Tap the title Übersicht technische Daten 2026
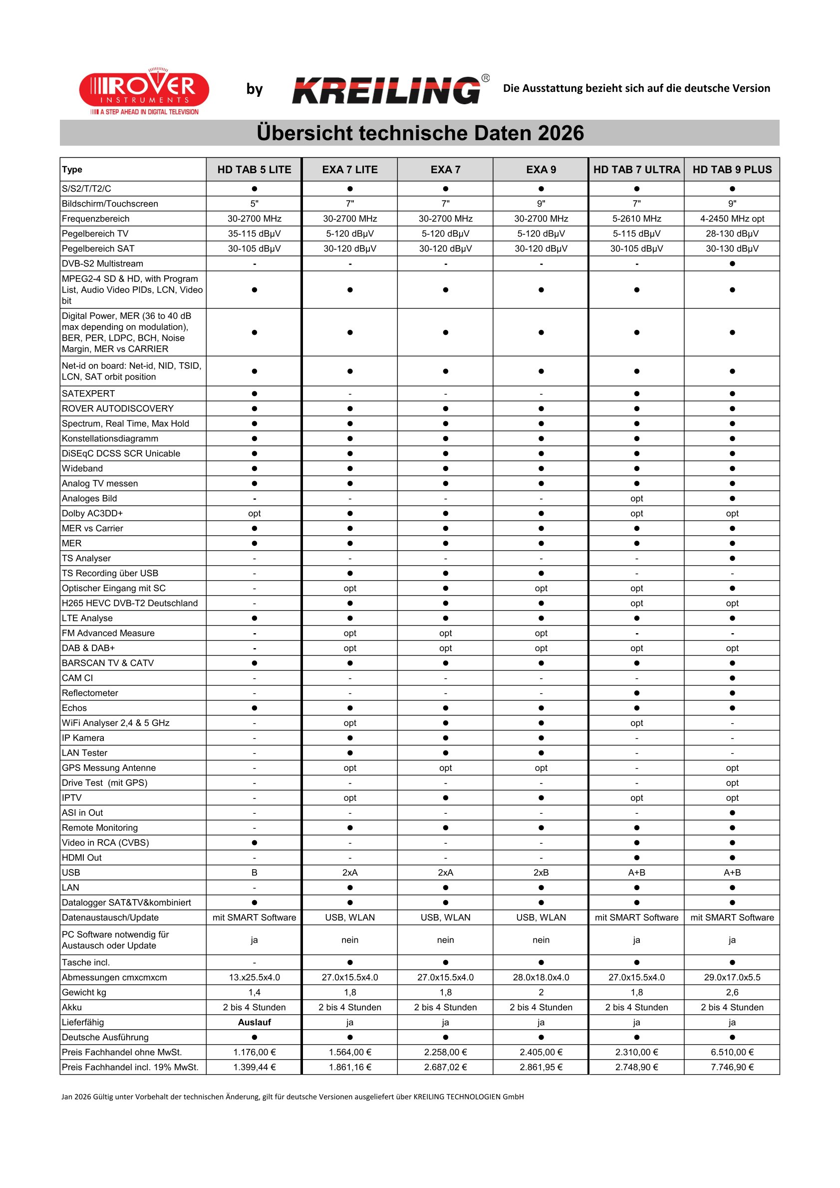[420, 133]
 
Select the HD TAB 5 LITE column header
[254, 170]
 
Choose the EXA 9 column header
[541, 170]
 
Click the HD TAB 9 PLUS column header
[732, 170]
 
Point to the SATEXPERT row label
[88, 393]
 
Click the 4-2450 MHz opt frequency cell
[732, 219]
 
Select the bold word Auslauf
[254, 1022]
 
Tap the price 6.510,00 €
[732, 1052]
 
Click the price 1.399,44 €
[254, 1067]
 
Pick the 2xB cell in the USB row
[541, 872]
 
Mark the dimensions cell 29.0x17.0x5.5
[732, 977]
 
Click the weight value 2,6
[732, 992]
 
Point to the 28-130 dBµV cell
[732, 234]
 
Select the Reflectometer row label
[90, 693]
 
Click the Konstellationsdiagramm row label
[110, 438]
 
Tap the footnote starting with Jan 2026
[292, 1096]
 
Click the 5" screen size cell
[254, 204]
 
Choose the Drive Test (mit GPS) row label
[104, 782]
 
